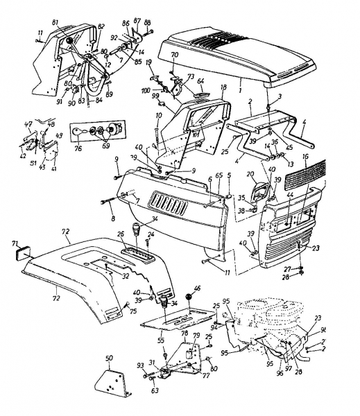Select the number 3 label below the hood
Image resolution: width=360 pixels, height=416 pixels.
click(x=280, y=96)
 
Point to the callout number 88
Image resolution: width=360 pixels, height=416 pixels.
click(x=148, y=24)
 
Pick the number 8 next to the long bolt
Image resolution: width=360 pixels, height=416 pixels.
click(x=114, y=218)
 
